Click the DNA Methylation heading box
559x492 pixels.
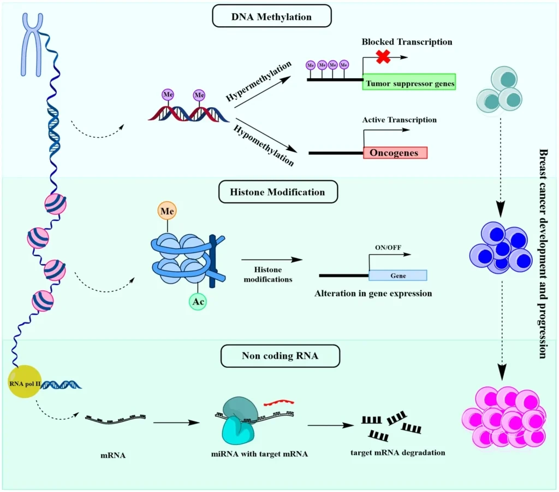point(271,16)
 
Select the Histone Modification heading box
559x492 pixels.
point(277,192)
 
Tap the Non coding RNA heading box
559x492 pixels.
point(280,356)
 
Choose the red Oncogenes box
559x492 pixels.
point(395,153)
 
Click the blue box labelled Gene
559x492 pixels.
point(398,276)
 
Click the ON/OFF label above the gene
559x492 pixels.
point(388,247)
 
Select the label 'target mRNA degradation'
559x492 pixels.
point(398,453)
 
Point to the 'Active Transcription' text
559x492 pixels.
point(400,120)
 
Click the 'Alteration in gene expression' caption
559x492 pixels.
point(373,294)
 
